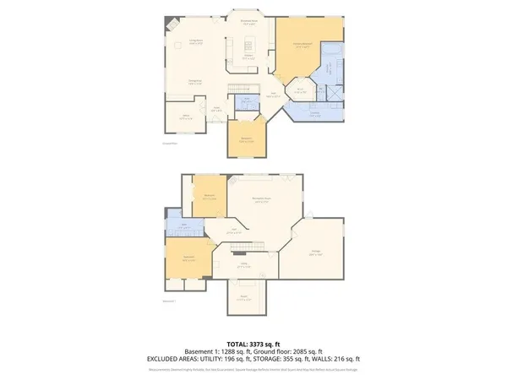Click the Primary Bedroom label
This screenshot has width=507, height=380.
pos(303,45)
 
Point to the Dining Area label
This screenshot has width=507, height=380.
pos(194,82)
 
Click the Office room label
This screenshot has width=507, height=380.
pos(187,117)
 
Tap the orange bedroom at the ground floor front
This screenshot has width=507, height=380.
pos(247,138)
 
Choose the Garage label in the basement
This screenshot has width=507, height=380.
pos(315,252)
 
